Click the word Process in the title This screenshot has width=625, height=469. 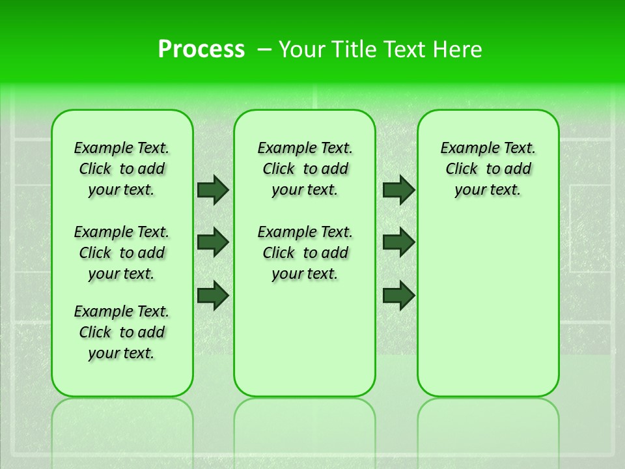tap(201, 49)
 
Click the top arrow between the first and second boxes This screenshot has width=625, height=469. tap(213, 190)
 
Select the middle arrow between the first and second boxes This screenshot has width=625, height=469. tap(213, 242)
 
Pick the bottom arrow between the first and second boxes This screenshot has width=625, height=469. tap(213, 295)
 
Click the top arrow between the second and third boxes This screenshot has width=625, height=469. tap(399, 190)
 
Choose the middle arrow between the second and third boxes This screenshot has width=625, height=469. tap(399, 242)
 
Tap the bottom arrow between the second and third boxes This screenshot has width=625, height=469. tap(399, 295)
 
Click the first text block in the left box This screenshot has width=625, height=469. tap(122, 169)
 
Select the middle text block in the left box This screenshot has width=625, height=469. tap(122, 253)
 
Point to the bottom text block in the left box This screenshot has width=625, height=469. tap(122, 332)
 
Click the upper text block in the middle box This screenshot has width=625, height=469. tap(305, 169)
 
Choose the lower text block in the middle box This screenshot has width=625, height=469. tap(305, 253)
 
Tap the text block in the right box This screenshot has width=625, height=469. tap(488, 169)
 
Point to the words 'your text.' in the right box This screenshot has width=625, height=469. tap(488, 190)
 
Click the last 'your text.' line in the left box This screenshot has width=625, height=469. tap(122, 353)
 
